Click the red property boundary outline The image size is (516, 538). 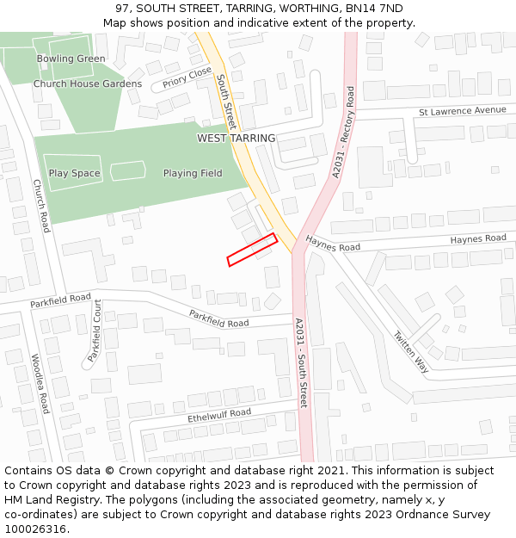pyautogui.click(x=251, y=250)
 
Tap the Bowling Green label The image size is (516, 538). pyautogui.click(x=71, y=59)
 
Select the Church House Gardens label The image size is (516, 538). pyautogui.click(x=88, y=84)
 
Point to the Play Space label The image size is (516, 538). pyautogui.click(x=74, y=173)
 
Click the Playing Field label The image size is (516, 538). pyautogui.click(x=193, y=173)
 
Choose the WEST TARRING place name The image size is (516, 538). pyautogui.click(x=236, y=138)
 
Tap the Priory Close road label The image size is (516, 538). pyautogui.click(x=187, y=78)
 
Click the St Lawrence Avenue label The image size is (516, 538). pyautogui.click(x=463, y=111)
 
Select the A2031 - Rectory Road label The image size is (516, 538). pyautogui.click(x=344, y=132)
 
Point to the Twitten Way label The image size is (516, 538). pyautogui.click(x=410, y=351)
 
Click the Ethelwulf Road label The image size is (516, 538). pyautogui.click(x=219, y=417)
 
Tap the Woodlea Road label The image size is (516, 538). pyautogui.click(x=40, y=384)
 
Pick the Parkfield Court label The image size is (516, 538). pyautogui.click(x=94, y=331)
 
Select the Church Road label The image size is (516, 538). pyautogui.click(x=41, y=206)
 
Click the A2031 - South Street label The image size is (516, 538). pyautogui.click(x=301, y=362)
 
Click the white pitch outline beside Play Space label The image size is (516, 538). pyautogui.click(x=128, y=170)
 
